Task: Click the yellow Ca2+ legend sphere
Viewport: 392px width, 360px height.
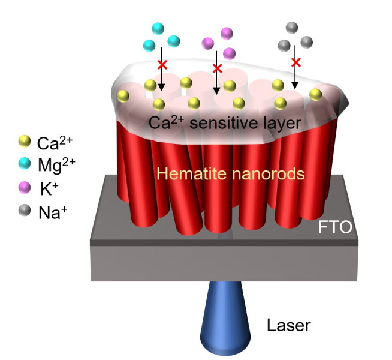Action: point(24,141)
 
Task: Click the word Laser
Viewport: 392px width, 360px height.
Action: point(289,326)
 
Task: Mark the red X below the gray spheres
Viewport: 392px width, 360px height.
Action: point(295,62)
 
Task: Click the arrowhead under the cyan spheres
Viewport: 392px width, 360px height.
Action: point(161,88)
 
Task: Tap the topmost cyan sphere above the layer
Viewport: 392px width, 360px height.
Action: point(158,28)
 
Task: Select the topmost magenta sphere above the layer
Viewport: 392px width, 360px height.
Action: point(227,32)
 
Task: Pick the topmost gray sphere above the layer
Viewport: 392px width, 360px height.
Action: point(293,28)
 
